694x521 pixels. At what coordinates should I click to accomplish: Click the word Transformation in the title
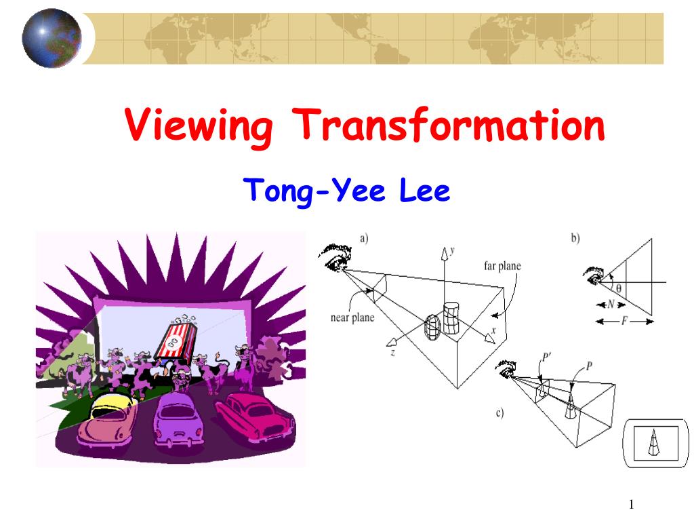click(x=449, y=126)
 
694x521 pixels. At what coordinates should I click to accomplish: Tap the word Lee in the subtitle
click(x=424, y=191)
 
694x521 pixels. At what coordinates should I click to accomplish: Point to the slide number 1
click(x=631, y=504)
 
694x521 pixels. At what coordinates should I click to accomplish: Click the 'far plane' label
click(x=502, y=266)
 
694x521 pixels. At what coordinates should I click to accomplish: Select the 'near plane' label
click(x=352, y=317)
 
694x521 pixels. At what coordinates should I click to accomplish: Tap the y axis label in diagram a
click(x=452, y=250)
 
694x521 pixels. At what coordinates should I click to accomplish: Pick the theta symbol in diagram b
click(x=618, y=288)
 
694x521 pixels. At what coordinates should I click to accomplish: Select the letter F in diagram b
click(x=624, y=321)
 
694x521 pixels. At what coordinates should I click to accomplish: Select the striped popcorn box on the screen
click(x=178, y=340)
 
